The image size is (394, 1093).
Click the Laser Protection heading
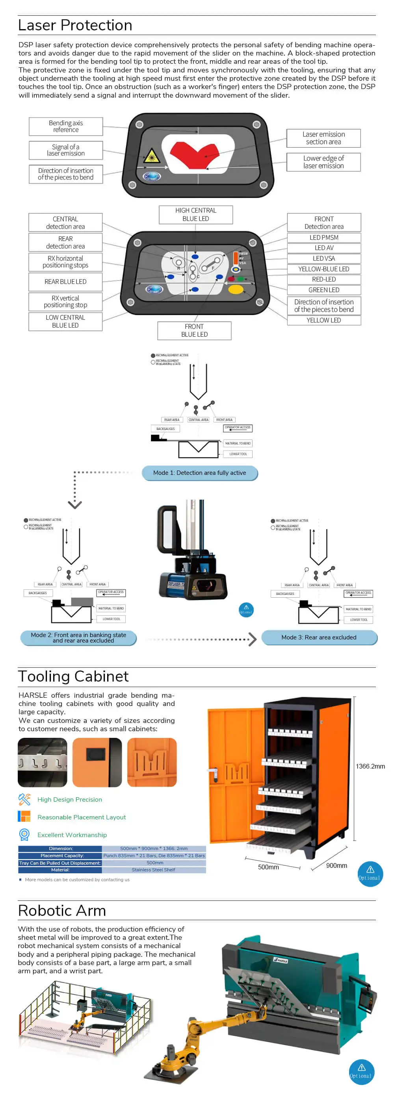tap(75, 26)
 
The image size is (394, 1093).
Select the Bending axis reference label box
tap(66, 126)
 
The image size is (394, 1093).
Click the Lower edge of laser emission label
tap(323, 162)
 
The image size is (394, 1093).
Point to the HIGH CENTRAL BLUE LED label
tap(196, 215)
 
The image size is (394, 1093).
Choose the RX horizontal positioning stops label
tap(65, 262)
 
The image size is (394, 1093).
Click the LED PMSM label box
tap(324, 237)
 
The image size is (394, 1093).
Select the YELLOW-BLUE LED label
tap(324, 269)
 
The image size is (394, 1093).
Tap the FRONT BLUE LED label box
tap(195, 330)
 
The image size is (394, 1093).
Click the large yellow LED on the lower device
tap(236, 289)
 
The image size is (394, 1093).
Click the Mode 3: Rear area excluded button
tap(319, 638)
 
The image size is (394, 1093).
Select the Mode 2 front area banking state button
tap(78, 638)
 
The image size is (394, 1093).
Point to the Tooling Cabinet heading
tap(73, 676)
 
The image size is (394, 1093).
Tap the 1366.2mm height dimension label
tap(370, 766)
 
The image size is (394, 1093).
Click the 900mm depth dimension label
tap(336, 865)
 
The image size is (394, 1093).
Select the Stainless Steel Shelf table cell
tap(154, 870)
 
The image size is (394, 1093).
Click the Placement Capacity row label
tap(60, 856)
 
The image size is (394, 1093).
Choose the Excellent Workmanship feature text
tap(72, 835)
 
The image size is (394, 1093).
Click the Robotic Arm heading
tap(62, 911)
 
